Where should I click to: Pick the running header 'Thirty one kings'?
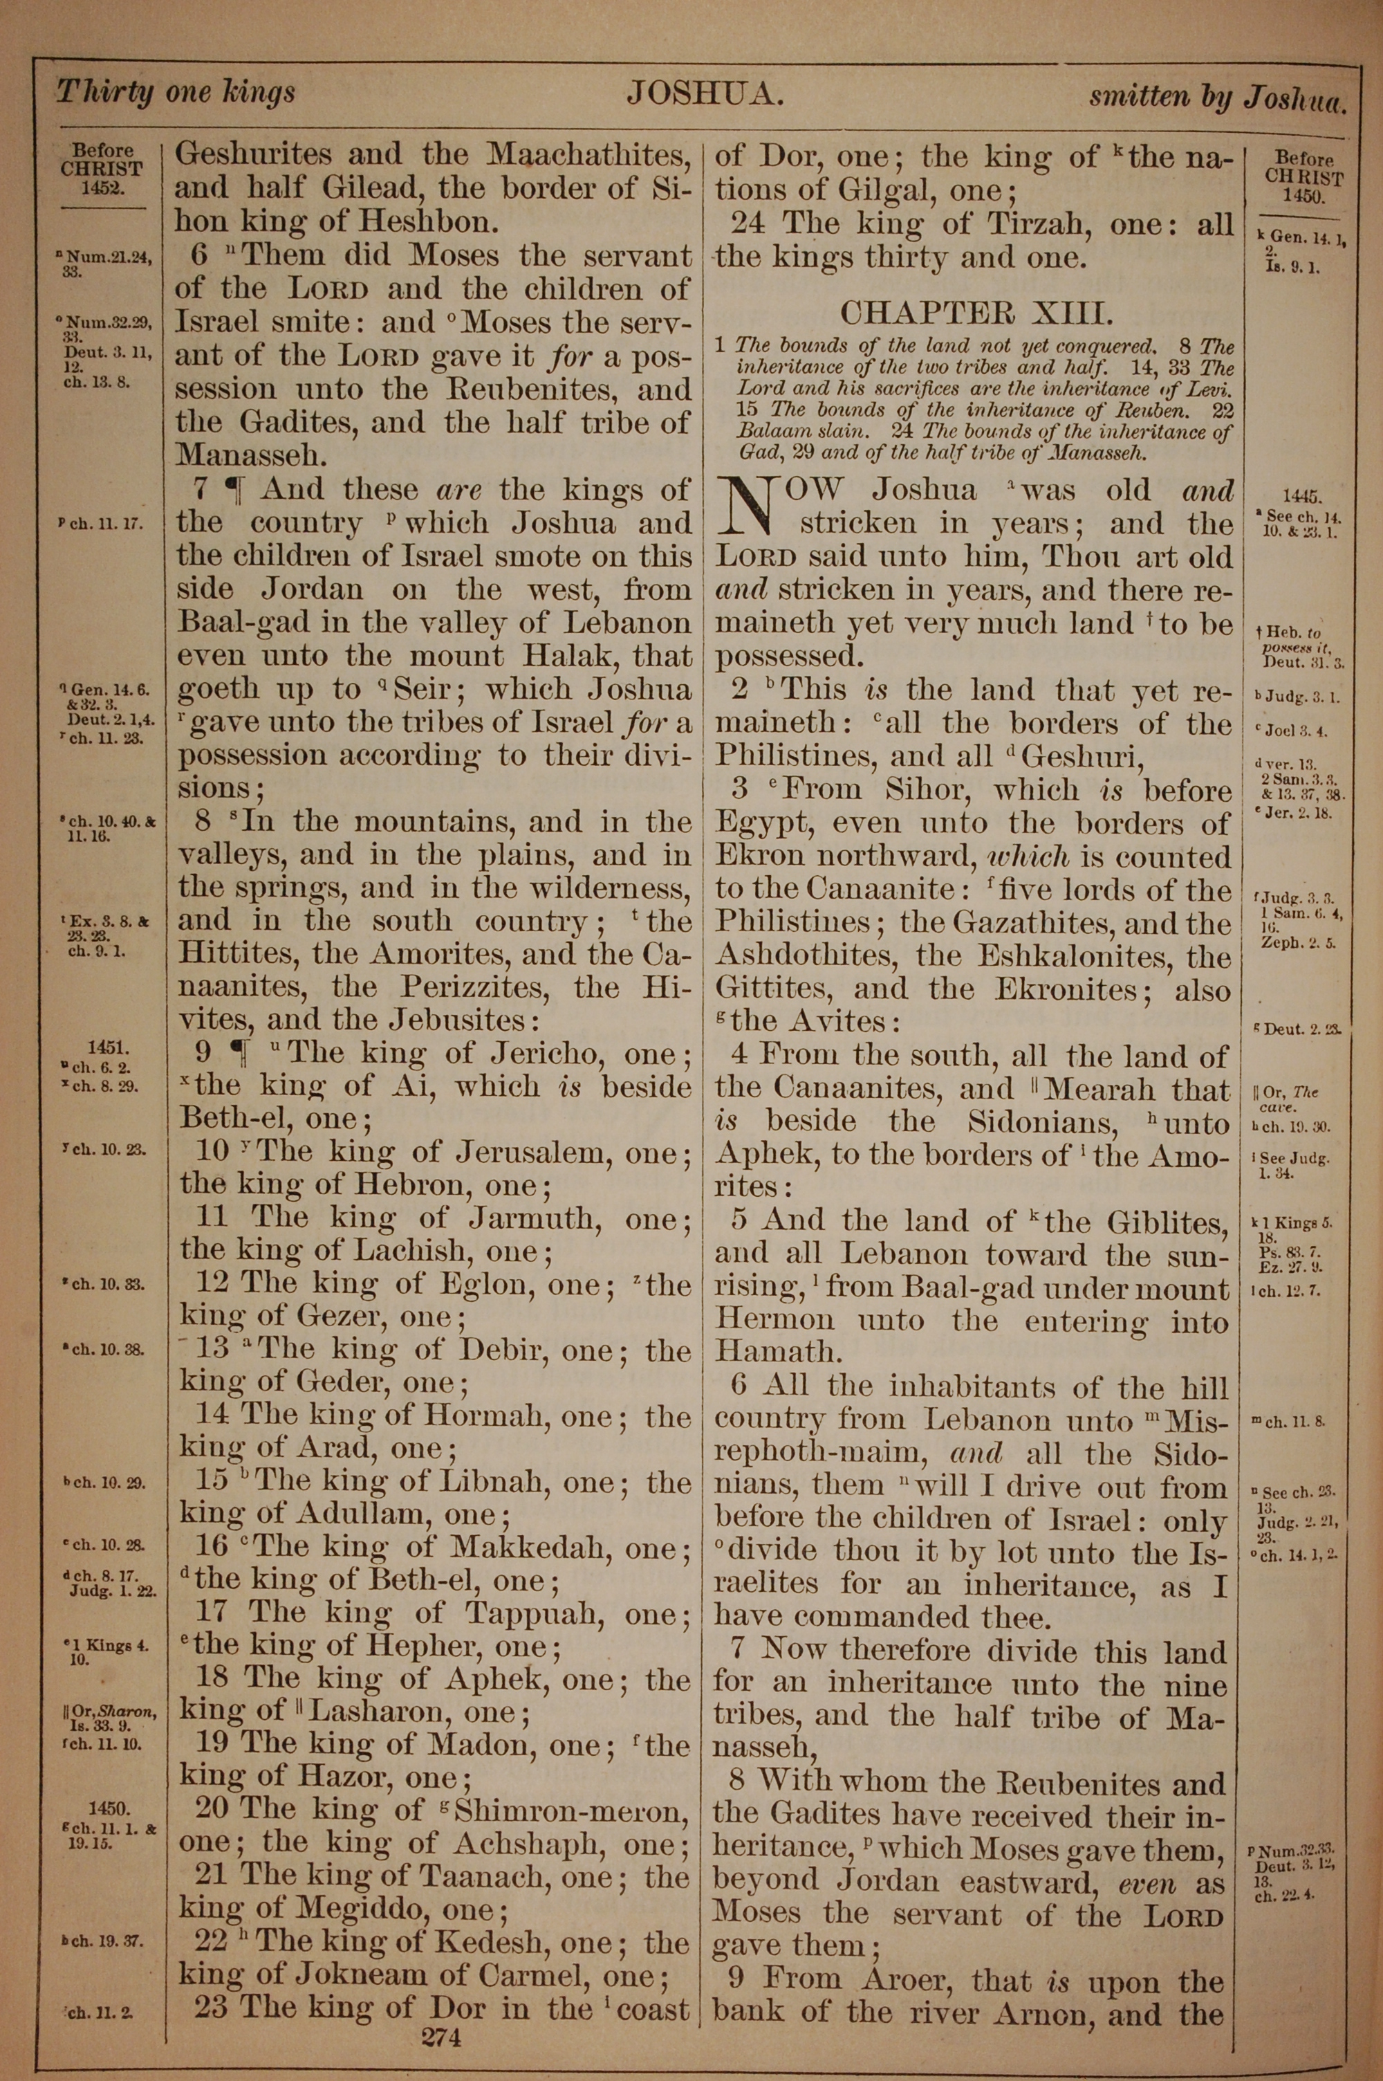tap(176, 92)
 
